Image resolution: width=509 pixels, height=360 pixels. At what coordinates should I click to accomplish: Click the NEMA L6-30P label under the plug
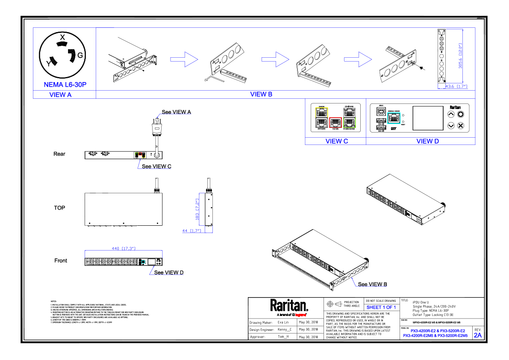(65, 85)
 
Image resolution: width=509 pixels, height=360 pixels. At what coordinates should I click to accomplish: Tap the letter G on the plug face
(80, 56)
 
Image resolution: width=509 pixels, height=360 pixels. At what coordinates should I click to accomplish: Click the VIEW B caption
(261, 94)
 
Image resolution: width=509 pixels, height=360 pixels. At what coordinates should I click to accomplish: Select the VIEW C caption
(336, 141)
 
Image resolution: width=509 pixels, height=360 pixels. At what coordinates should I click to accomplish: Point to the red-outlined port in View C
(336, 123)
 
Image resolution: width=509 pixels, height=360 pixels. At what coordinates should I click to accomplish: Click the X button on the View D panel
(460, 126)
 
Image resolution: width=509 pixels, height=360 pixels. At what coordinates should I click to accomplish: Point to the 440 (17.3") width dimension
(124, 248)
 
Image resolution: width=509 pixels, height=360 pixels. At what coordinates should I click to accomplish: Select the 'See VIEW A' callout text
(176, 112)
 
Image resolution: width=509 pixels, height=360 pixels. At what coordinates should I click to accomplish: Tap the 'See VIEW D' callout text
(169, 272)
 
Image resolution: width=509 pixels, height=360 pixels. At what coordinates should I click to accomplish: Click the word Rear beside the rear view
(59, 154)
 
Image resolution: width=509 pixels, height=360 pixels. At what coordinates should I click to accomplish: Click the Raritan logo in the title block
(289, 306)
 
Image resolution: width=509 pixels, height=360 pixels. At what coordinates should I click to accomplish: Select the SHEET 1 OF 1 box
(381, 307)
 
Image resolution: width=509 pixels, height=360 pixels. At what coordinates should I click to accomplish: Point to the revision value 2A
(477, 335)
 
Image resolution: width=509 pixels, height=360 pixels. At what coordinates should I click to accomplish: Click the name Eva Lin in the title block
(283, 322)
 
